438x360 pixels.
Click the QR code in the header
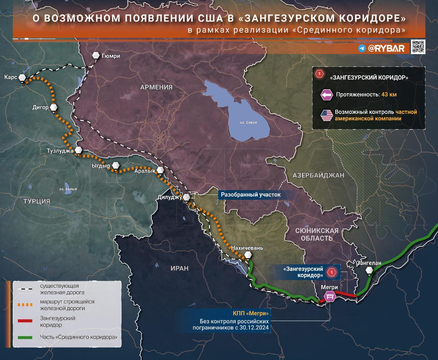418,47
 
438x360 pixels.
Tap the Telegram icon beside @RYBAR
362,49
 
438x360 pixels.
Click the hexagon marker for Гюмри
96,56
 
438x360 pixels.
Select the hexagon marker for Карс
23,78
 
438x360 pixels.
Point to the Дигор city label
40,107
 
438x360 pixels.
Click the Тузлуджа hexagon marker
79,150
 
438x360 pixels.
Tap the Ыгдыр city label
101,166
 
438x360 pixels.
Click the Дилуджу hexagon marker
186,197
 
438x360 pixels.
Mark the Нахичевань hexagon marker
248,255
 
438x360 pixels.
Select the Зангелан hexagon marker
369,270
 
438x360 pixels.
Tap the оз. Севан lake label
248,122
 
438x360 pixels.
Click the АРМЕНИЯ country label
156,87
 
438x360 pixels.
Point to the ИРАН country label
179,268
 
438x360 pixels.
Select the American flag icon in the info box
326,115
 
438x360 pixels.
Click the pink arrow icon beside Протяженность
326,95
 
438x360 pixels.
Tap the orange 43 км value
389,94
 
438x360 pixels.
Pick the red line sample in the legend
25,321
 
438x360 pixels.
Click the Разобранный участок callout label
250,195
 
